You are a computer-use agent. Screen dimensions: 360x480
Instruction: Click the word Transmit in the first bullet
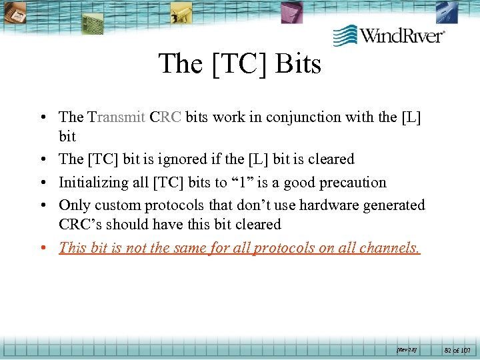point(117,117)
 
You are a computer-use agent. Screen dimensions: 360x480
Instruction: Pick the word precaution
point(352,182)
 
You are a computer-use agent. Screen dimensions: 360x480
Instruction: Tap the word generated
point(394,205)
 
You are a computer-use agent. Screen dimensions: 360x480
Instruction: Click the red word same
point(191,247)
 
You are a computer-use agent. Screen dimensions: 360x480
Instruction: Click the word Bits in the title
point(297,64)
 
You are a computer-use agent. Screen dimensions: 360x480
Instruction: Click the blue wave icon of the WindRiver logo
point(345,35)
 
